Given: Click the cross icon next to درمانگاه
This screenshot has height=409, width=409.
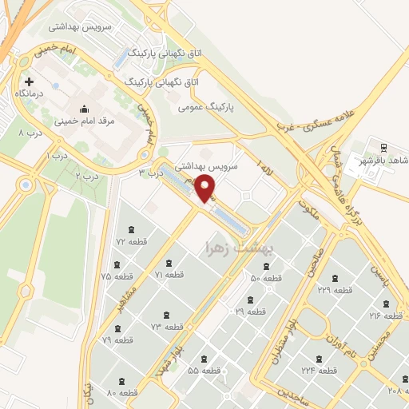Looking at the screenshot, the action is tap(30, 81).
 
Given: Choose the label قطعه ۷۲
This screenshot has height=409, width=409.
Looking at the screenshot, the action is tap(132, 241).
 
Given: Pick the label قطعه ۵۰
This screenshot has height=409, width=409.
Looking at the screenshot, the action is tap(267, 278).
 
